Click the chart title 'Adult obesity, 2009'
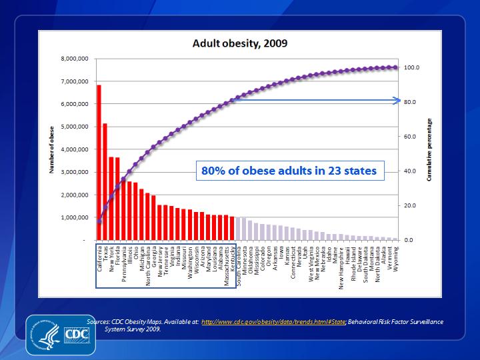click(x=240, y=45)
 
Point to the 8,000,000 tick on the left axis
click(x=75, y=59)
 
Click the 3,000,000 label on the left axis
click(x=75, y=172)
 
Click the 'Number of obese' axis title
click(x=51, y=150)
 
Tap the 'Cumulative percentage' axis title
click(x=430, y=150)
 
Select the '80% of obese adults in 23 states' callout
click(x=289, y=171)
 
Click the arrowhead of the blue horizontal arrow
click(x=396, y=101)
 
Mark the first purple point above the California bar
click(x=99, y=221)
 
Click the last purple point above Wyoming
click(x=395, y=67)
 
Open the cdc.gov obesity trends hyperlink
click(x=273, y=322)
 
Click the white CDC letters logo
click(x=73, y=333)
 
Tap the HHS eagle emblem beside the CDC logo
click(x=44, y=333)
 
